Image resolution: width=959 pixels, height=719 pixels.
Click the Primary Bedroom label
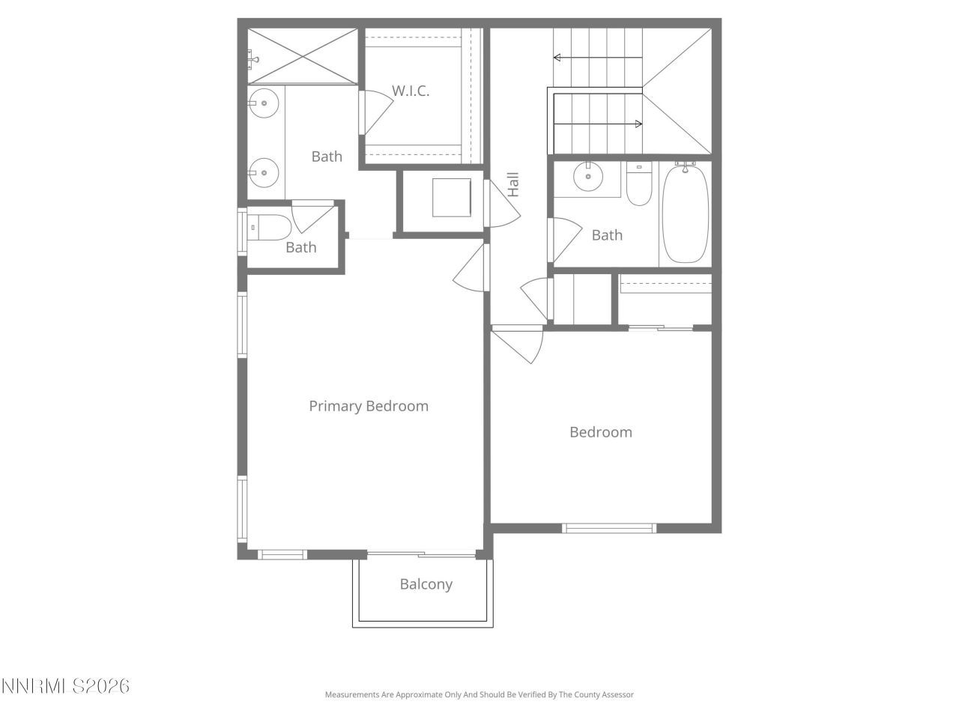[369, 406]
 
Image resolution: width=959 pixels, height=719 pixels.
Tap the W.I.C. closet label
[411, 91]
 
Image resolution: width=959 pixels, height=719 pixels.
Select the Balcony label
[426, 584]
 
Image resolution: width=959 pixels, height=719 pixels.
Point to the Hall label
[513, 184]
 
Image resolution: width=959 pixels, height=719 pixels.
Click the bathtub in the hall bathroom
[685, 214]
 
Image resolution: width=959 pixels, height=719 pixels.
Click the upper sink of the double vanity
[263, 103]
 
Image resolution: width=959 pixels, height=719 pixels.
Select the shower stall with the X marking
[303, 56]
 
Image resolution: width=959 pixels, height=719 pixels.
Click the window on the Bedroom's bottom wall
[609, 528]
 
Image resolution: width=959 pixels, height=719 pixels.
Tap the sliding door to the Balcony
[421, 555]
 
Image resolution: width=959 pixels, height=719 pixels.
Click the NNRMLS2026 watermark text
[65, 686]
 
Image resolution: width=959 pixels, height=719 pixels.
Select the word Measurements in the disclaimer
[351, 695]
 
